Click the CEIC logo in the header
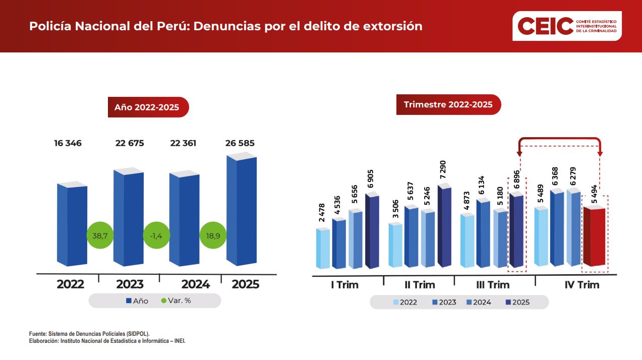(567, 26)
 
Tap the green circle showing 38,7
(100, 235)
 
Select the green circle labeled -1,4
(157, 235)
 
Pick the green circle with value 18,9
(213, 235)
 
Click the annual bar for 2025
(242, 212)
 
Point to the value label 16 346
(68, 143)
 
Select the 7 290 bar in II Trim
(444, 227)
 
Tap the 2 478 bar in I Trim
(323, 248)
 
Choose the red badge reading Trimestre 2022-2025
(448, 105)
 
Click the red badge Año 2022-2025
(148, 107)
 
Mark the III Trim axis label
(493, 285)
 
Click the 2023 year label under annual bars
(130, 284)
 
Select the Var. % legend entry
(176, 301)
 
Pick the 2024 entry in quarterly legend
(478, 303)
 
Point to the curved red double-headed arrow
(560, 140)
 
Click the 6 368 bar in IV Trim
(556, 228)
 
